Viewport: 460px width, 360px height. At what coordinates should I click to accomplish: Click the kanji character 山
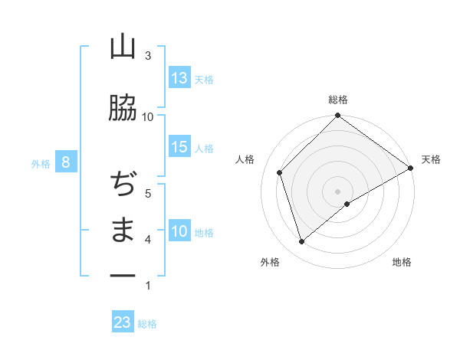(123, 47)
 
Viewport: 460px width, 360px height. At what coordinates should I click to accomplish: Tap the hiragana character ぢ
(123, 185)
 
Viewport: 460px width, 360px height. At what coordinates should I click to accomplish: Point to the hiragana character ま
(123, 231)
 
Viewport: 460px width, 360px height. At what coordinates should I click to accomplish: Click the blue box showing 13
(179, 78)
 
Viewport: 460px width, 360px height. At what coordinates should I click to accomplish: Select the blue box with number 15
(179, 147)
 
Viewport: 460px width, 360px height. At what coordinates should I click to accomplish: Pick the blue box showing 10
(179, 231)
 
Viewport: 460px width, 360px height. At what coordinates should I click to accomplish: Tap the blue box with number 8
(67, 162)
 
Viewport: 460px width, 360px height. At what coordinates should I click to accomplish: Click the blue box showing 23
(123, 322)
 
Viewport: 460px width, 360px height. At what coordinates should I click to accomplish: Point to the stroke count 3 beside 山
(148, 56)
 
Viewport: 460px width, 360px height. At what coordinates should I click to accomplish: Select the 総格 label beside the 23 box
(147, 324)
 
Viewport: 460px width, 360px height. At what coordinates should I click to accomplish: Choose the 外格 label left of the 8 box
(41, 163)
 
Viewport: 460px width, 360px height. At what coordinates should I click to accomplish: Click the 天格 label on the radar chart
(431, 159)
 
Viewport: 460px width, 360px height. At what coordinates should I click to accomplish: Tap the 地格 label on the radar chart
(402, 263)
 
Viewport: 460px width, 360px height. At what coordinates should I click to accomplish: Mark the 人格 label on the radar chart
(245, 159)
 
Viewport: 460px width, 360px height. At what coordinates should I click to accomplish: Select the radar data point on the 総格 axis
(337, 116)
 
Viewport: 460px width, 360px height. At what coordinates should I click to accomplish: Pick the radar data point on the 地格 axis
(347, 204)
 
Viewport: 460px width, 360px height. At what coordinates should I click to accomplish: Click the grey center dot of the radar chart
(337, 191)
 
